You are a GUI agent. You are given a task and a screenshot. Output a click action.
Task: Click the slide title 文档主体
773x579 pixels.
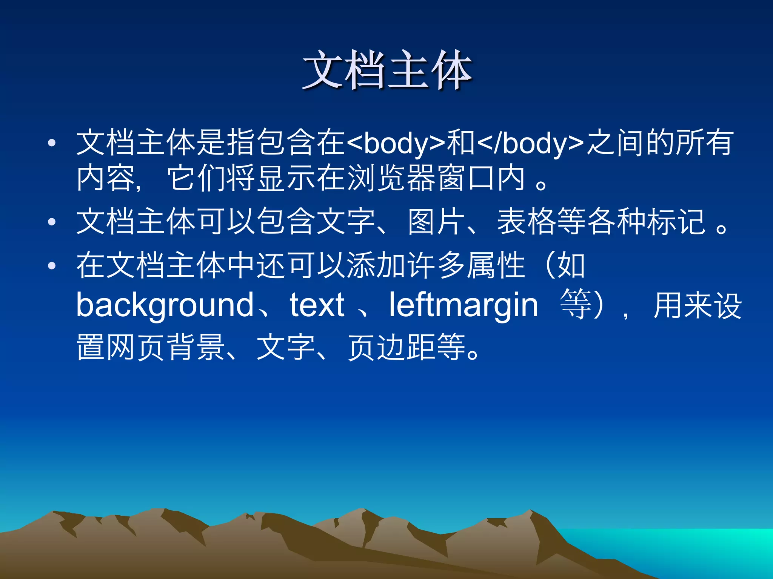click(387, 70)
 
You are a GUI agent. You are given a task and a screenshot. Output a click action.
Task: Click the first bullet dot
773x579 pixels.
click(52, 143)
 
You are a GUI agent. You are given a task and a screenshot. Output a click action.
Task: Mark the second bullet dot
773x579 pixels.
click(52, 222)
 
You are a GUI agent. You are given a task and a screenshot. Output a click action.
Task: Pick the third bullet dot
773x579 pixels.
click(52, 266)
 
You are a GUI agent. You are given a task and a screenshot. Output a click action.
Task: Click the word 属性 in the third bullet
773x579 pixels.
click(496, 265)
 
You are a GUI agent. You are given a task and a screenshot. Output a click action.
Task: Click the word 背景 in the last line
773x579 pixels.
click(196, 347)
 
